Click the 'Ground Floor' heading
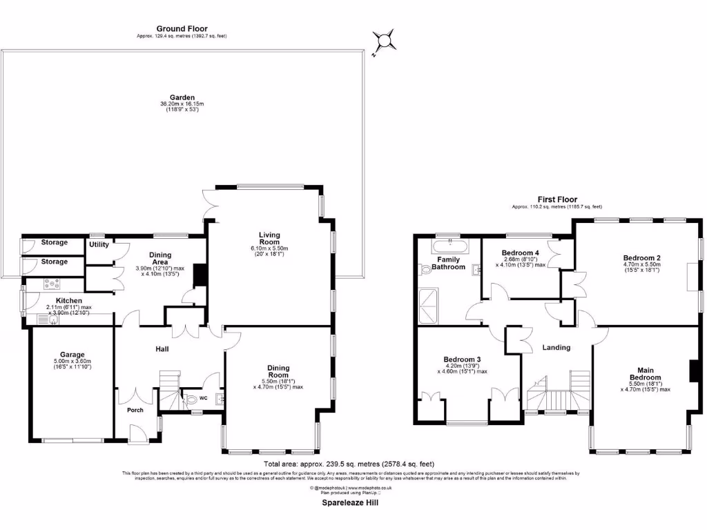(x=182, y=28)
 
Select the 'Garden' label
(x=183, y=97)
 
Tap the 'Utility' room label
(x=98, y=244)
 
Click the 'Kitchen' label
(x=69, y=301)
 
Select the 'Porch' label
(x=135, y=410)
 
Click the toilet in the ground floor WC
(x=191, y=400)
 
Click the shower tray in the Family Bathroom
(x=429, y=306)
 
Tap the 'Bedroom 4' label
(x=520, y=253)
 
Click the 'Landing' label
(x=556, y=348)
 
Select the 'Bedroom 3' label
(x=462, y=360)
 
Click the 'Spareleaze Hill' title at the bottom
(x=350, y=503)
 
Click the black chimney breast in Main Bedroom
(x=693, y=371)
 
